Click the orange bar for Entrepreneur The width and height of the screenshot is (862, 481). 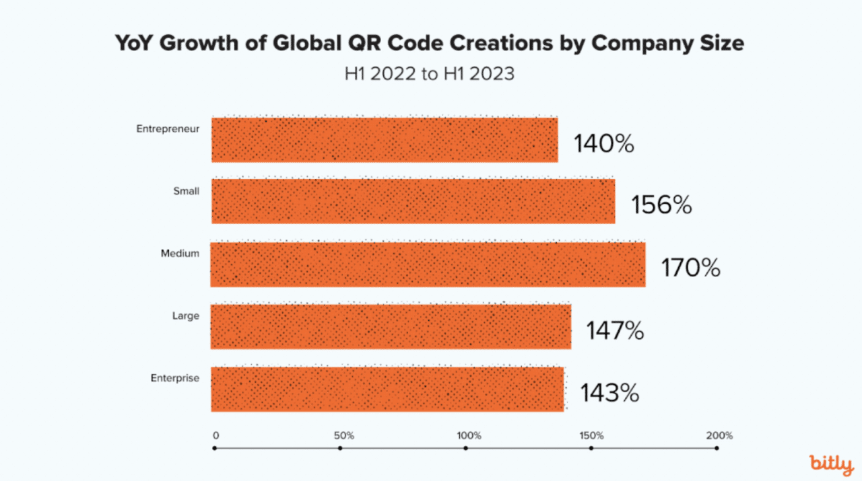pyautogui.click(x=385, y=140)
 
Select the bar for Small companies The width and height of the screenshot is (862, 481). pyautogui.click(x=413, y=201)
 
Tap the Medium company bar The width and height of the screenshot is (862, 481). pyautogui.click(x=428, y=264)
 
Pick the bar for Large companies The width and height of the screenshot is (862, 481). pyautogui.click(x=391, y=326)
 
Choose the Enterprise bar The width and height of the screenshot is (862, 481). pyautogui.click(x=387, y=389)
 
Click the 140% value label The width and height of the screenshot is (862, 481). pyautogui.click(x=603, y=144)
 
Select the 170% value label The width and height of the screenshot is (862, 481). pyautogui.click(x=690, y=268)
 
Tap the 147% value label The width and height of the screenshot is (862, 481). pyautogui.click(x=614, y=331)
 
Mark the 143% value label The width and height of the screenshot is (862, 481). pyautogui.click(x=609, y=393)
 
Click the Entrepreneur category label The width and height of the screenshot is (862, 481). pyautogui.click(x=168, y=128)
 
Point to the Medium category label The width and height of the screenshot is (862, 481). pyautogui.click(x=180, y=254)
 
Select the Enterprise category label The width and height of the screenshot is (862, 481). pyautogui.click(x=175, y=378)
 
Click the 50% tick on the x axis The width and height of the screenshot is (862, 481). pyautogui.click(x=340, y=436)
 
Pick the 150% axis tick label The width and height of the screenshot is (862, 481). pyautogui.click(x=592, y=436)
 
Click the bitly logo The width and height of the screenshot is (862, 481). pyautogui.click(x=831, y=464)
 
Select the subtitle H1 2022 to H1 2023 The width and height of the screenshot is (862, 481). pyautogui.click(x=430, y=73)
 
